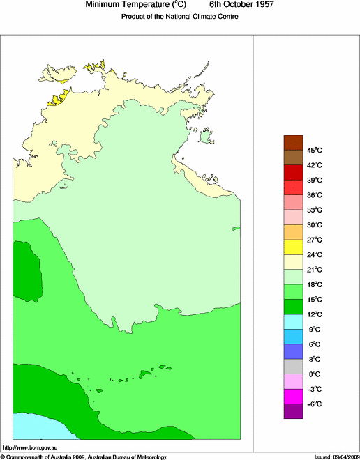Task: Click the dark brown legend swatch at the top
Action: pyautogui.click(x=293, y=141)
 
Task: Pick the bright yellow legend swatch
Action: pyautogui.click(x=293, y=247)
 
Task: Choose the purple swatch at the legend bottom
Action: pyautogui.click(x=293, y=411)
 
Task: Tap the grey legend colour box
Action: pyautogui.click(x=293, y=367)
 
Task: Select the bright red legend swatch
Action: pyautogui.click(x=293, y=187)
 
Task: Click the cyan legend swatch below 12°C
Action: pyautogui.click(x=293, y=321)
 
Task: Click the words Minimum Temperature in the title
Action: pyautogui.click(x=123, y=5)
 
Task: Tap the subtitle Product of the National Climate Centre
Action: pyautogui.click(x=180, y=17)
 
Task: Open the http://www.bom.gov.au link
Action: pyautogui.click(x=31, y=446)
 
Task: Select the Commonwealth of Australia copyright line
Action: pyautogui.click(x=84, y=457)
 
